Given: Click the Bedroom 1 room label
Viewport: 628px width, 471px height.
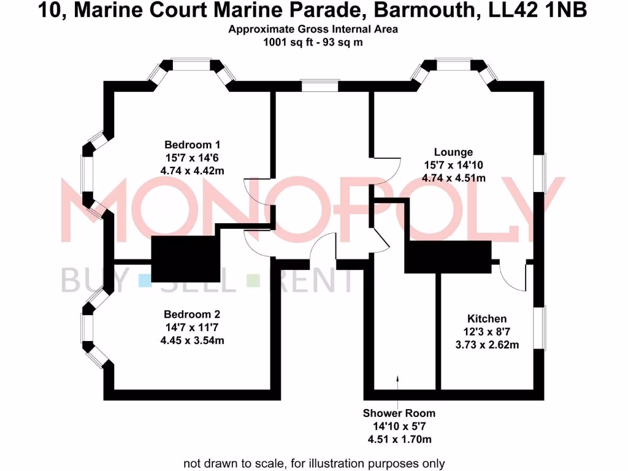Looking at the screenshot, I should tap(192, 145).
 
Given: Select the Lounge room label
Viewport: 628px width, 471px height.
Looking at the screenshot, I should tap(453, 152).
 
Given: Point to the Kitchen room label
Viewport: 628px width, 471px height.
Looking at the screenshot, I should tap(487, 319).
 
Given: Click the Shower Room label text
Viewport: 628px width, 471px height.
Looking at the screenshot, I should tap(399, 413).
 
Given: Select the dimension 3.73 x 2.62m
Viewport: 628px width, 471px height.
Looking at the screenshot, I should tap(487, 345).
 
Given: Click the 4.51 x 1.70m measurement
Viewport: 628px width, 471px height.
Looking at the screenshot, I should tap(399, 439).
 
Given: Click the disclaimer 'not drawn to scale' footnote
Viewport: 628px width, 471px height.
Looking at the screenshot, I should tap(314, 463).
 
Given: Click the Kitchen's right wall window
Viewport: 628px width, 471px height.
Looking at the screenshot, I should tap(540, 328).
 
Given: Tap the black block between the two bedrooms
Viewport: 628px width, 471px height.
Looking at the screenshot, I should tap(185, 258).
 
